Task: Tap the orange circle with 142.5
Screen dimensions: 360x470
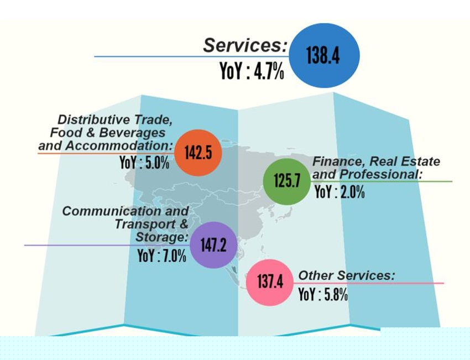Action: [x=198, y=153]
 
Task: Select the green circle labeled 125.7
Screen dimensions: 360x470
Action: [x=286, y=180]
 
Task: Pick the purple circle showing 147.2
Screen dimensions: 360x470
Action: [x=213, y=245]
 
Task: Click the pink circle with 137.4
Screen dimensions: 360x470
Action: [x=270, y=282]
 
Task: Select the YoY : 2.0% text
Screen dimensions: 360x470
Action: [x=339, y=193]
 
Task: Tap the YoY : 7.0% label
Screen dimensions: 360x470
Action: [x=162, y=256]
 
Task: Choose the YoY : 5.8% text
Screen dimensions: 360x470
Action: [x=323, y=294]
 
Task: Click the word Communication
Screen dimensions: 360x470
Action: [x=98, y=211]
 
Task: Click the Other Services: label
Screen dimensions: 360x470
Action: [x=347, y=275]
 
